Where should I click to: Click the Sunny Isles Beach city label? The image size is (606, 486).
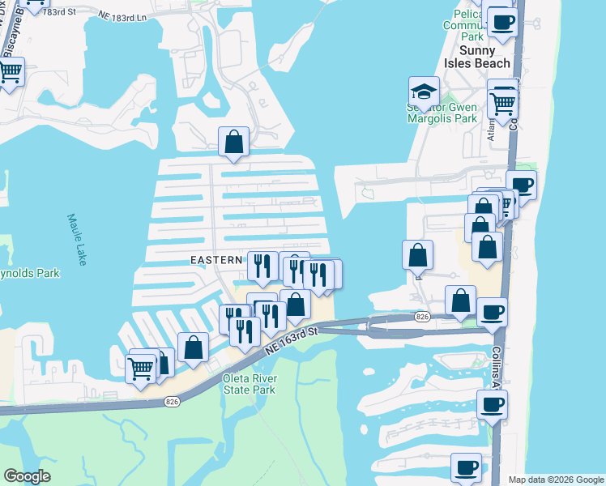(x=485, y=57)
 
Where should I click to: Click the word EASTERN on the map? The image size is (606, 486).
(x=216, y=260)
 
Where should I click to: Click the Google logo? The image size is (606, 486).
(x=27, y=476)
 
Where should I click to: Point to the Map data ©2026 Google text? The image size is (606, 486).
(x=555, y=480)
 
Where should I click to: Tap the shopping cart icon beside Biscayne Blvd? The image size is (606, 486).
(x=10, y=72)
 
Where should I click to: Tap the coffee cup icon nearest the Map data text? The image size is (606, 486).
(x=467, y=468)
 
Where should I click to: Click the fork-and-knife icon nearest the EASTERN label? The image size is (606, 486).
(x=262, y=266)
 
